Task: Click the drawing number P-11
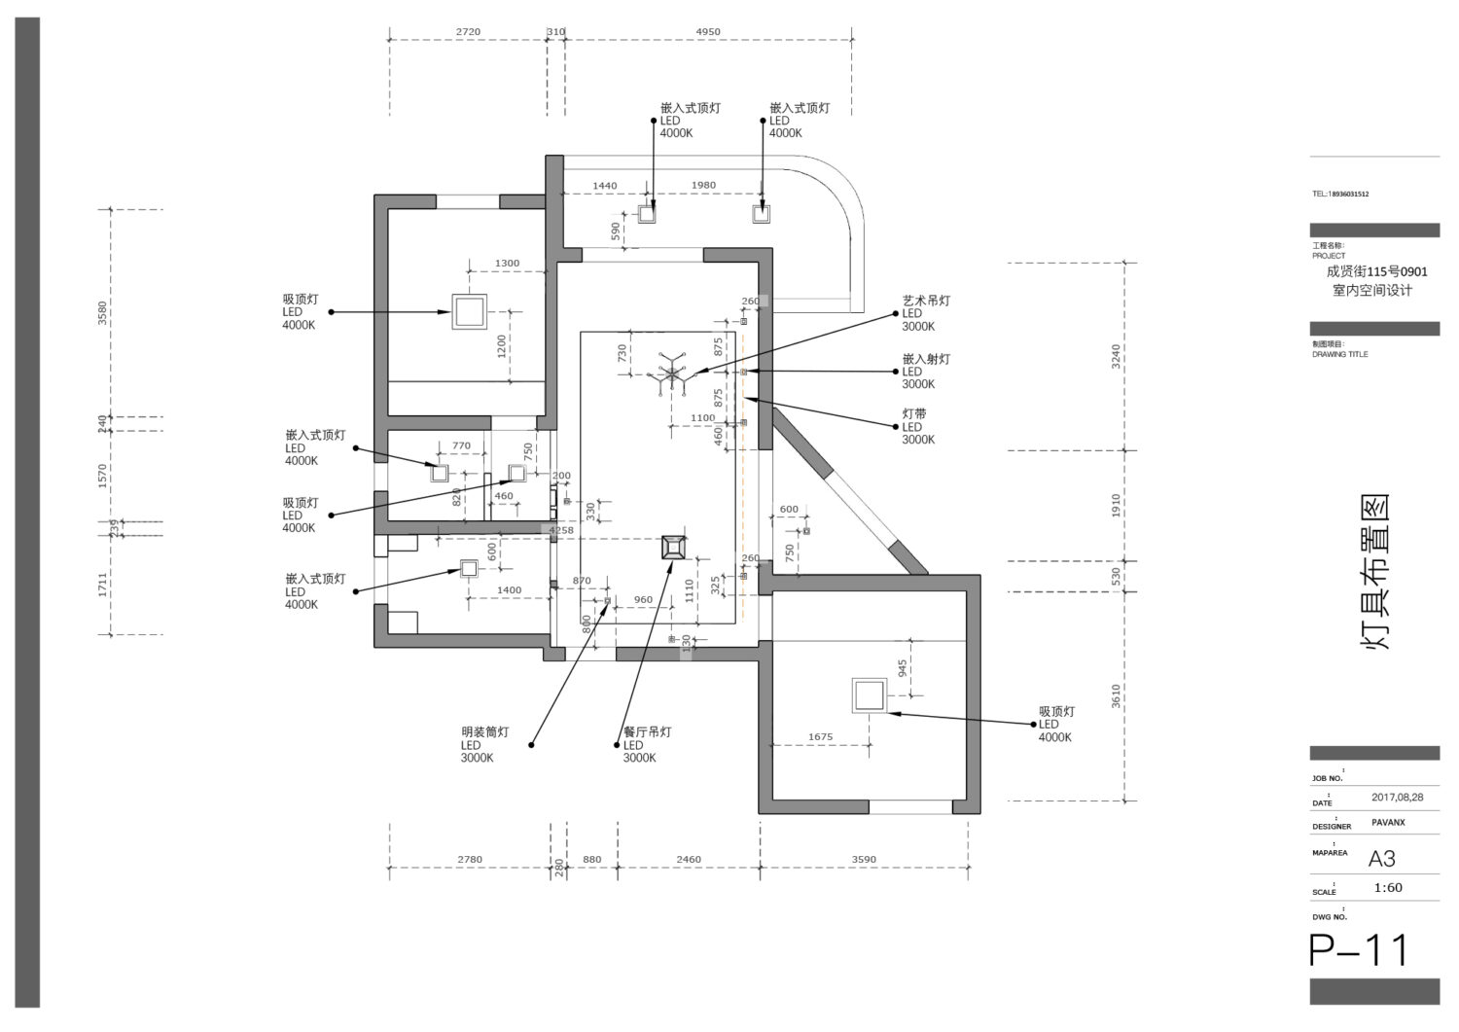(x=1359, y=950)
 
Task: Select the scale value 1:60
(x=1388, y=887)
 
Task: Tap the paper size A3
(x=1381, y=859)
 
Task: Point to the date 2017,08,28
(x=1397, y=798)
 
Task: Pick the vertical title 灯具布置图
(x=1373, y=572)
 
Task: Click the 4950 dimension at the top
(x=708, y=32)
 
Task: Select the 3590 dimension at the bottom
(x=864, y=860)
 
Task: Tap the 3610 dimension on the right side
(x=1117, y=695)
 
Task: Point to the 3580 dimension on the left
(x=103, y=313)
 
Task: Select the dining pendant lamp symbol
(x=672, y=548)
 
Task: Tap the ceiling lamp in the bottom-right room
(x=868, y=696)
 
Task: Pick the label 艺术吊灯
(x=925, y=302)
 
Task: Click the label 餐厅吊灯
(x=647, y=732)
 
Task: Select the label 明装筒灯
(x=484, y=732)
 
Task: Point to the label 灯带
(x=913, y=414)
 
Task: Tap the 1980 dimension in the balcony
(x=702, y=186)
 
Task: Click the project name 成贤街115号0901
(x=1376, y=272)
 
